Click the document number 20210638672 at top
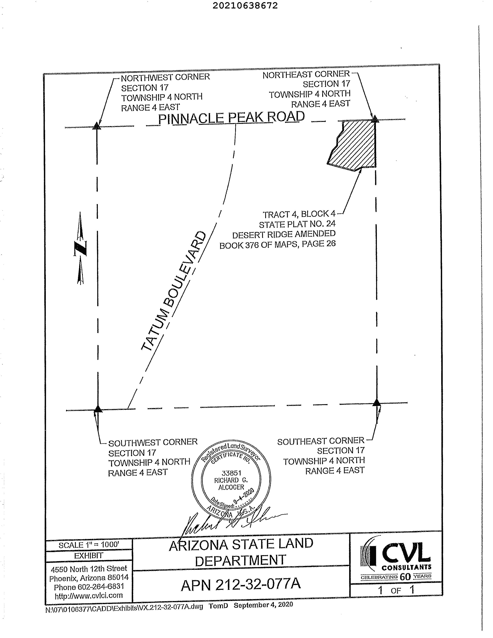tap(245, 6)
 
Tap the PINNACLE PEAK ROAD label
tap(231, 118)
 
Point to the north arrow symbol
tap(80, 248)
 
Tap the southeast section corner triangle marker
tap(377, 403)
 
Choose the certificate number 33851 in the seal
tap(231, 473)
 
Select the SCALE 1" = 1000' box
tap(89, 545)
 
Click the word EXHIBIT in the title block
tap(89, 556)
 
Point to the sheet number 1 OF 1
tap(396, 590)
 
